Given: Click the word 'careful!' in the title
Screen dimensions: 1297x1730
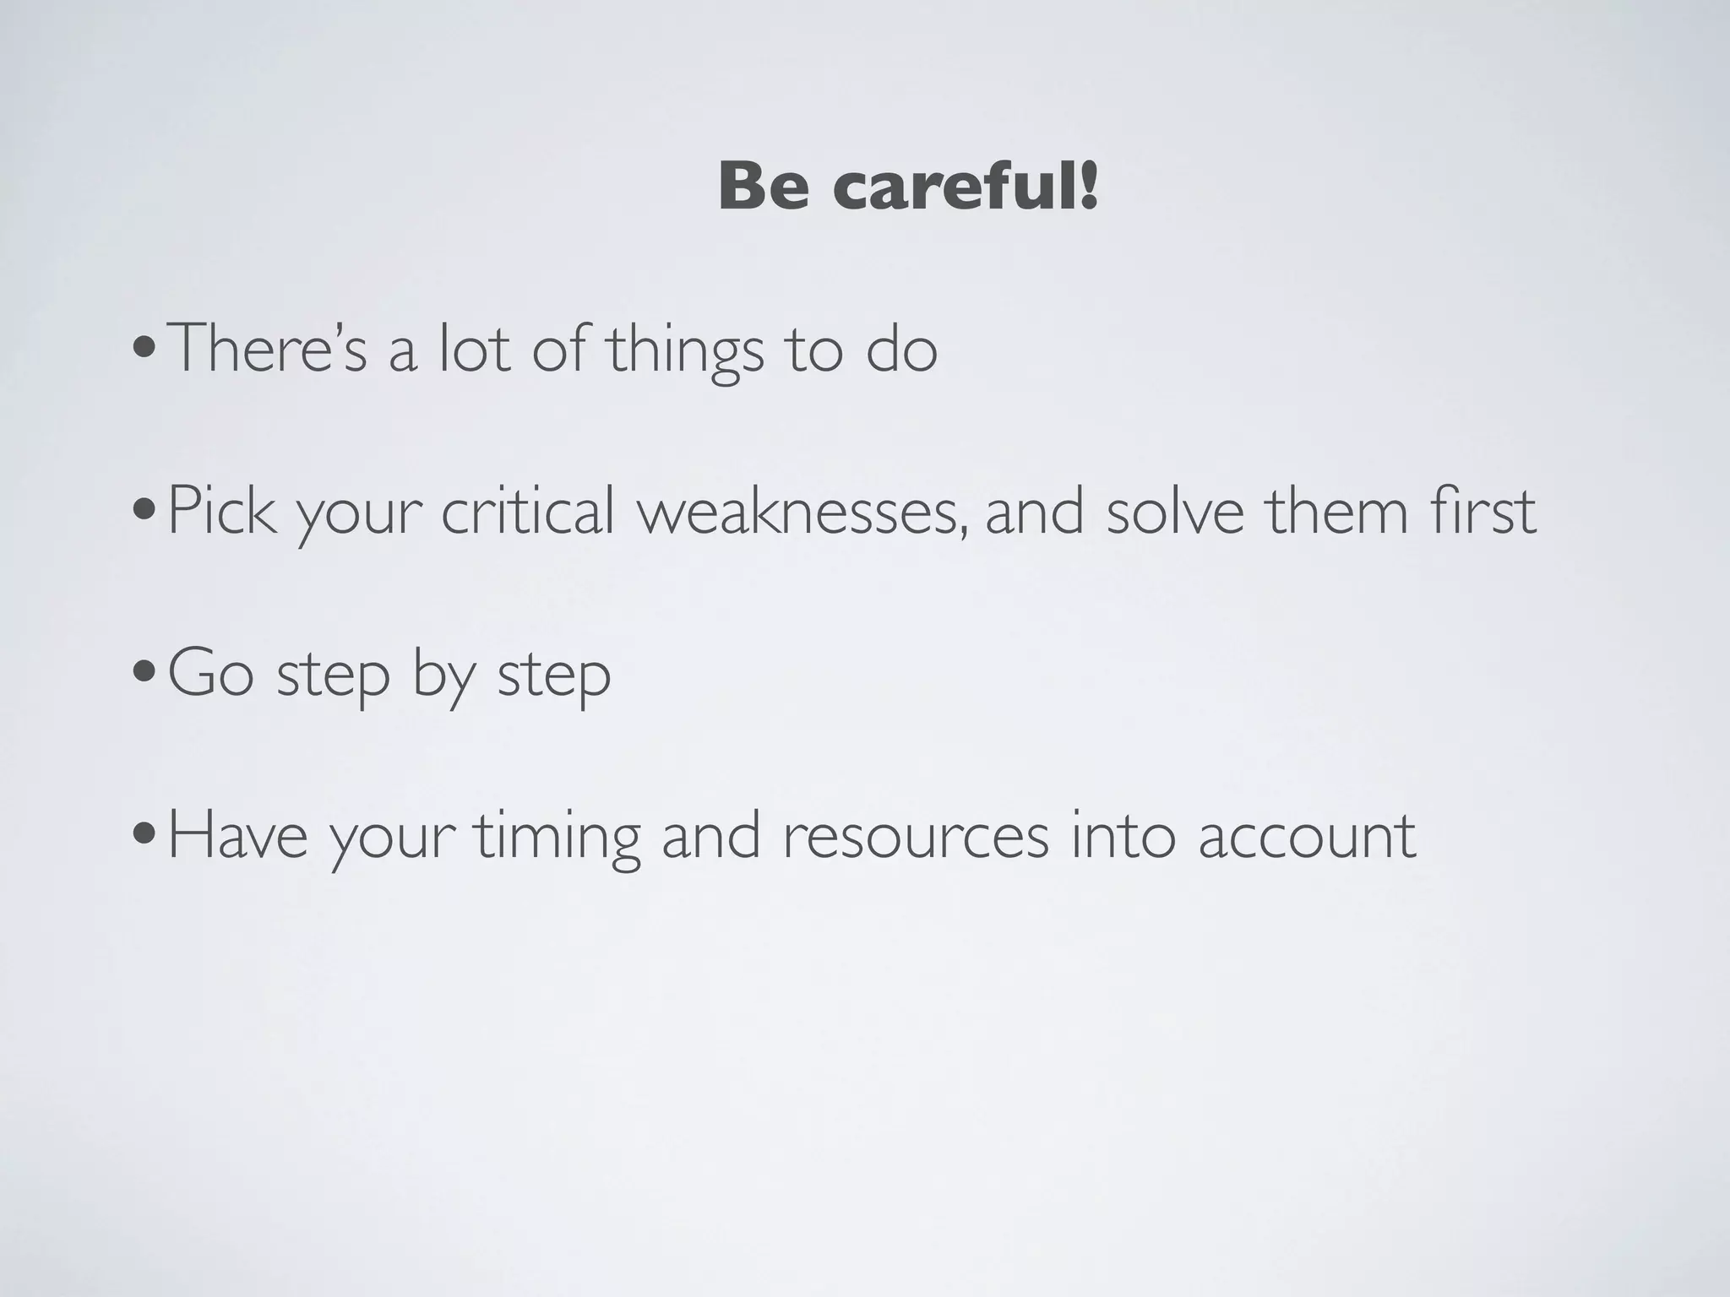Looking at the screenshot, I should (x=966, y=187).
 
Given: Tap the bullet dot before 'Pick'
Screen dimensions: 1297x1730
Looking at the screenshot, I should (x=144, y=512).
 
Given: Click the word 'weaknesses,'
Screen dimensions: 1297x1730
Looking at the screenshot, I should (x=802, y=512).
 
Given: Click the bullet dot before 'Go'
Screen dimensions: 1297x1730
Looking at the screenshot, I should (x=144, y=675).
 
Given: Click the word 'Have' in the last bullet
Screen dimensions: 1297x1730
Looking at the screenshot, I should (x=238, y=835).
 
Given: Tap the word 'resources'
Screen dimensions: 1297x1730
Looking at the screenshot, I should (x=916, y=837).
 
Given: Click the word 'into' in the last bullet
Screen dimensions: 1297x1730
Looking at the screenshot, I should (x=1123, y=835).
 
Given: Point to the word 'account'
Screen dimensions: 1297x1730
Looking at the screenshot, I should (x=1307, y=837).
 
